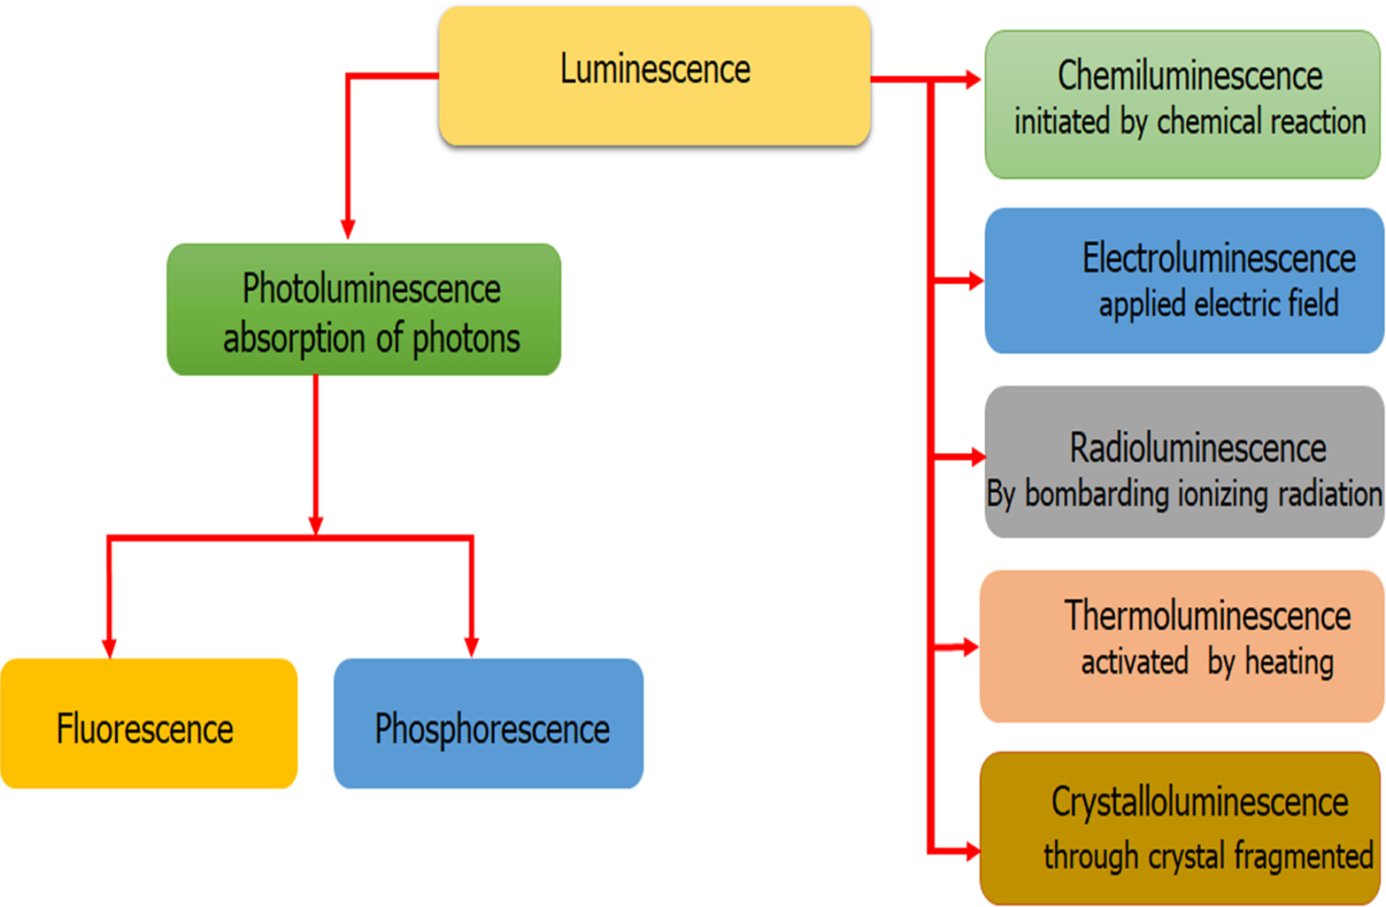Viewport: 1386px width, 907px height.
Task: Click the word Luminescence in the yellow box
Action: pyautogui.click(x=655, y=69)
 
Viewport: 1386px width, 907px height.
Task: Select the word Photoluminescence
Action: pyautogui.click(x=371, y=289)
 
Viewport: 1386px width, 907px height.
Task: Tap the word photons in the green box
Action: pyautogui.click(x=466, y=340)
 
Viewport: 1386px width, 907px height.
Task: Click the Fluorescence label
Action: pyautogui.click(x=145, y=728)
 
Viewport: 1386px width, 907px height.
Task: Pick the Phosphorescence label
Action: pyautogui.click(x=492, y=729)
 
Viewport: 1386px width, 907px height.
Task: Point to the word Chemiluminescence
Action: pyautogui.click(x=1190, y=75)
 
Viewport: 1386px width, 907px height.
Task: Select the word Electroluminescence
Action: pyautogui.click(x=1219, y=258)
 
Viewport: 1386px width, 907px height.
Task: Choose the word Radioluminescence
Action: pyautogui.click(x=1197, y=448)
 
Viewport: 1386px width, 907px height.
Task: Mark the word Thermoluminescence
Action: pyautogui.click(x=1207, y=616)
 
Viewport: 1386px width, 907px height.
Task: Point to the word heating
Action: pyautogui.click(x=1289, y=663)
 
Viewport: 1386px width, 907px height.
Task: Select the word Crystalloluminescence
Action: pyautogui.click(x=1200, y=803)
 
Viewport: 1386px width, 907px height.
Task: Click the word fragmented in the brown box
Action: pyautogui.click(x=1304, y=857)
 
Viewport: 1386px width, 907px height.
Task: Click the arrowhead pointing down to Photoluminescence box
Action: pyautogui.click(x=348, y=229)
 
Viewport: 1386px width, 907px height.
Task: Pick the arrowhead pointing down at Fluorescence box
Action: pyautogui.click(x=110, y=648)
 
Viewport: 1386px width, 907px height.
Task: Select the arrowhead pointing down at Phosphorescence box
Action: pyautogui.click(x=472, y=647)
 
